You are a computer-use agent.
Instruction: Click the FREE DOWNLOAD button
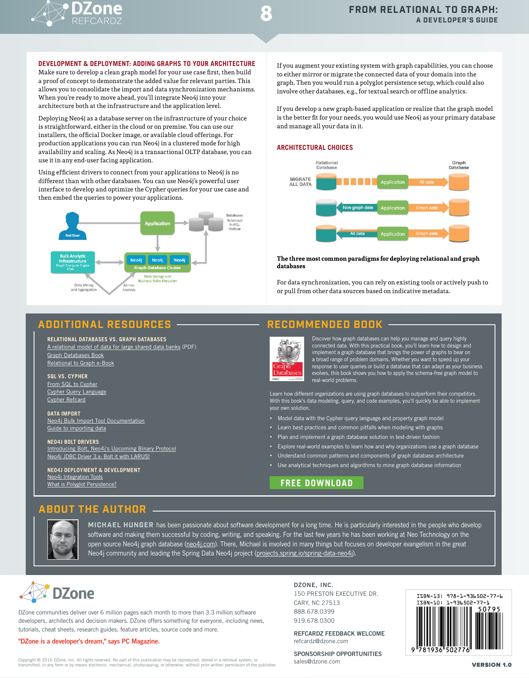click(x=316, y=483)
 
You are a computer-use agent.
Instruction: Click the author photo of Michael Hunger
click(x=63, y=539)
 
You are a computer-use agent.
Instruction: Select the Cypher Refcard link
click(x=66, y=400)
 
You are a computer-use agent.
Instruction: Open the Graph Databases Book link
click(x=76, y=355)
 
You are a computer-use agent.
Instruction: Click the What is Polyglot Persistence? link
click(x=82, y=485)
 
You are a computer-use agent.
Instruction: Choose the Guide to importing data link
click(x=77, y=428)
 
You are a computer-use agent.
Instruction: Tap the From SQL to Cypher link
click(x=72, y=384)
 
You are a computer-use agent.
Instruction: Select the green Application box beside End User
click(x=157, y=223)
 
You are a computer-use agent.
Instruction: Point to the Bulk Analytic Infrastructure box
click(x=73, y=262)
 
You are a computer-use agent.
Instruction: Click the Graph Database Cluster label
click(x=157, y=268)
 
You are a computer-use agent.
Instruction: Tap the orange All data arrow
click(x=427, y=182)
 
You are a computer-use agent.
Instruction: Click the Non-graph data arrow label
click(x=357, y=208)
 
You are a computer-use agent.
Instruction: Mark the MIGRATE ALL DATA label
click(x=300, y=182)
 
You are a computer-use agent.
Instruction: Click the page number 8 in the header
click(x=266, y=14)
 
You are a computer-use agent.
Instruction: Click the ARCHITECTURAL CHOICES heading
click(x=315, y=147)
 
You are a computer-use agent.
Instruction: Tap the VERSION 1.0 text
click(x=492, y=665)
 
